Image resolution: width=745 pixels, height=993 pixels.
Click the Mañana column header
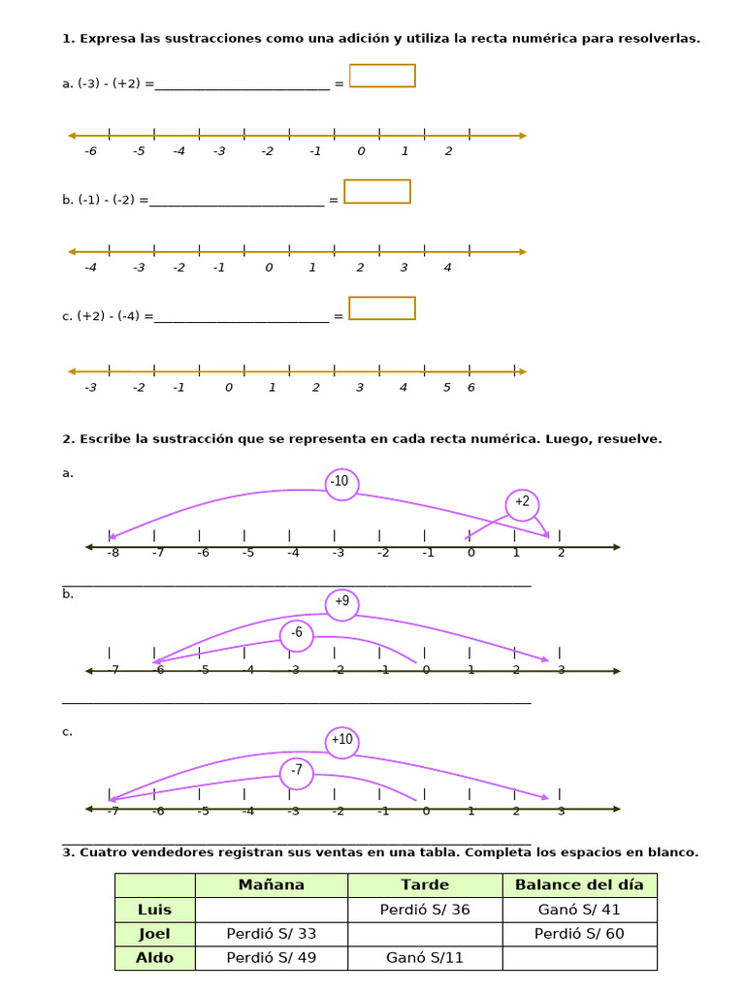pyautogui.click(x=272, y=884)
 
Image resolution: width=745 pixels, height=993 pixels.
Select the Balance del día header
pyautogui.click(x=580, y=884)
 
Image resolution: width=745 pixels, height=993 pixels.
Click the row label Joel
pyautogui.click(x=154, y=934)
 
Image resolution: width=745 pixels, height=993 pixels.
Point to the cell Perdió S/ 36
pyautogui.click(x=425, y=910)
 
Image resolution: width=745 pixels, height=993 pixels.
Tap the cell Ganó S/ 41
pyautogui.click(x=580, y=910)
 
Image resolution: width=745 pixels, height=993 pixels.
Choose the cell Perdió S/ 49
pyautogui.click(x=272, y=957)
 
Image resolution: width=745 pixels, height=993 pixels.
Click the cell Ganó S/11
pyautogui.click(x=425, y=957)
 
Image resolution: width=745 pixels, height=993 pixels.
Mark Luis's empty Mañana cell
pyautogui.click(x=272, y=910)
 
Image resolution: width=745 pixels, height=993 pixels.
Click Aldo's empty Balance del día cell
pyautogui.click(x=580, y=957)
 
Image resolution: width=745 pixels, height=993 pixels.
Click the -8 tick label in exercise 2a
pyautogui.click(x=113, y=553)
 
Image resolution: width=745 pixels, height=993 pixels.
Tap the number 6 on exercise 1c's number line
pyautogui.click(x=471, y=388)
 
